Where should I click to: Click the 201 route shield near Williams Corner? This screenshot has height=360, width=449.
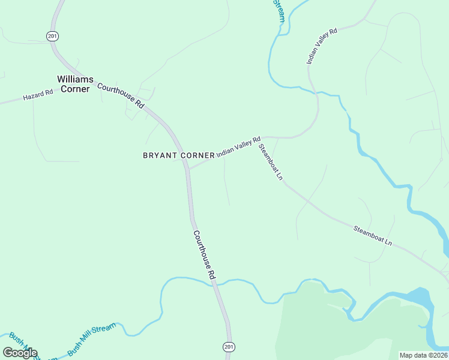click(x=52, y=36)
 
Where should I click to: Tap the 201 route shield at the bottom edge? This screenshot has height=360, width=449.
click(x=228, y=347)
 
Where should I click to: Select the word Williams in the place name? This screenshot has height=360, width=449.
click(x=75, y=79)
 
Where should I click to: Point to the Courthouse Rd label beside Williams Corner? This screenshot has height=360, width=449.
click(x=121, y=95)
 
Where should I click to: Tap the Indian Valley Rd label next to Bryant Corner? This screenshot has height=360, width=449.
click(x=238, y=146)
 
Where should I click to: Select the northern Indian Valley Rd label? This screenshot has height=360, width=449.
click(x=322, y=46)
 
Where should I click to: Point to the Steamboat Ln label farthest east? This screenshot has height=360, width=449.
click(x=372, y=234)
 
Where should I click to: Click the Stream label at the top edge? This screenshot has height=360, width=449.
click(x=279, y=11)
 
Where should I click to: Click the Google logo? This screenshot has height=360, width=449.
click(x=20, y=353)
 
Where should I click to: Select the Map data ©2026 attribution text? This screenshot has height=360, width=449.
click(x=424, y=355)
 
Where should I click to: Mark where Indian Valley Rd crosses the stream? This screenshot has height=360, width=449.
click(x=315, y=93)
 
